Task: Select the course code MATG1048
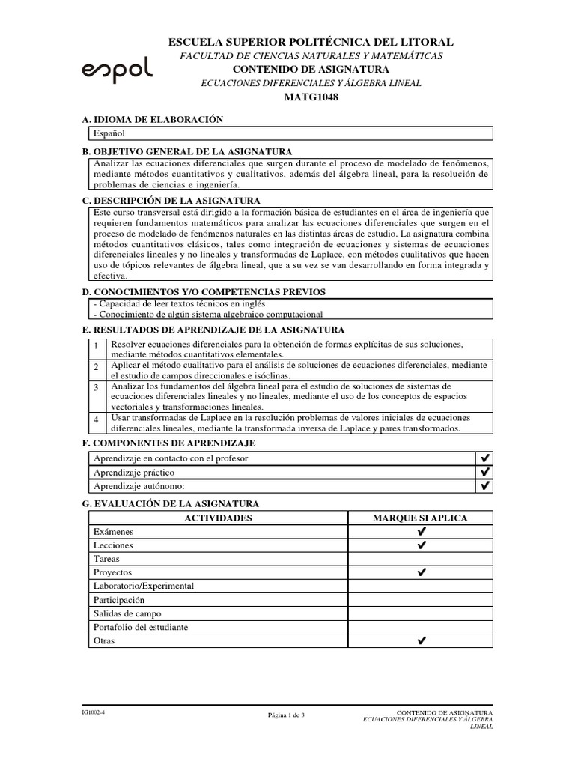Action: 311,97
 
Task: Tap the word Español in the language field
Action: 109,133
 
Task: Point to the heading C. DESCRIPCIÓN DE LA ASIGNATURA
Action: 171,201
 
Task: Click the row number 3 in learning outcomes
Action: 97,387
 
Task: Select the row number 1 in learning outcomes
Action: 97,345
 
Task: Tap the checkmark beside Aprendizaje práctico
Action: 484,472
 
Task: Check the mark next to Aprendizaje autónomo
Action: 484,486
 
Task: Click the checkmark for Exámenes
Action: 421,531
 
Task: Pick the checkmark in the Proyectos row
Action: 421,572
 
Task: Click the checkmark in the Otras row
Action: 421,641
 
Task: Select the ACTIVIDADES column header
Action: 218,518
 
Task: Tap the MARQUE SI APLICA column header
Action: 420,518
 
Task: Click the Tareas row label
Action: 106,559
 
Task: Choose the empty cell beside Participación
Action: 421,600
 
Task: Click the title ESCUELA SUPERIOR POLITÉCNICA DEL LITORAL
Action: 311,43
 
